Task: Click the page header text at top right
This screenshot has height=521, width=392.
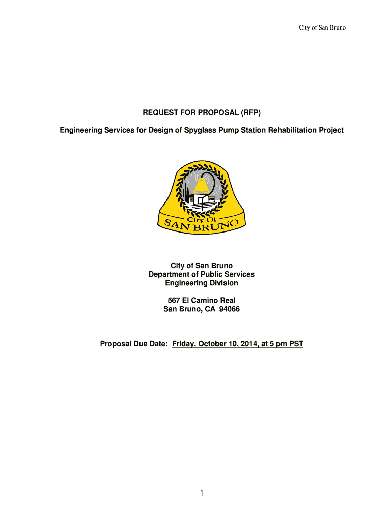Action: (x=322, y=27)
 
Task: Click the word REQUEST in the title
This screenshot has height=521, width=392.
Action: (x=161, y=113)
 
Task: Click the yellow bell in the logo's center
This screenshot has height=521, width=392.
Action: (x=202, y=186)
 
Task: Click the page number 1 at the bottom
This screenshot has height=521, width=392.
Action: (x=202, y=493)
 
